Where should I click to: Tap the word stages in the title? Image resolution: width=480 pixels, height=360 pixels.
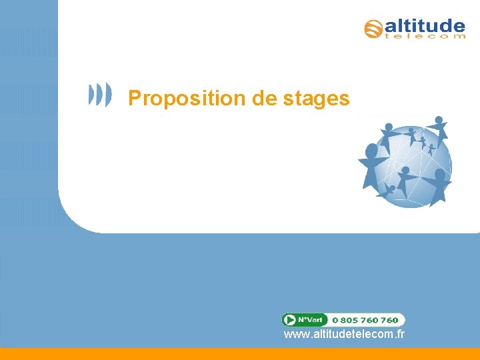pos(316,99)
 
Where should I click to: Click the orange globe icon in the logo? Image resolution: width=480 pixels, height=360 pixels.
pos(373,29)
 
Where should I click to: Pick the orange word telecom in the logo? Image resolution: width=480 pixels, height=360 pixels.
pos(425,37)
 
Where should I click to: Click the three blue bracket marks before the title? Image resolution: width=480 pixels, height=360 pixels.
pos(101,95)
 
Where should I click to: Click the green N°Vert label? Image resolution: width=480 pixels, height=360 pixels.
pos(313,320)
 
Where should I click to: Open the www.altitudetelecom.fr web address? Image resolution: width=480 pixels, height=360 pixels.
pos(344,334)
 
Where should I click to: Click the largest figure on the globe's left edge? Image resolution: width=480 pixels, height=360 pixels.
pos(371,167)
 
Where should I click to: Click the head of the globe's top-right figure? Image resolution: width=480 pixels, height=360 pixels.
pos(439,119)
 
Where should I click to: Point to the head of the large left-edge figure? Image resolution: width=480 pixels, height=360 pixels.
pos(372,149)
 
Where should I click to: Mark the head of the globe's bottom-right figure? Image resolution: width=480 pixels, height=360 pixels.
pos(441,173)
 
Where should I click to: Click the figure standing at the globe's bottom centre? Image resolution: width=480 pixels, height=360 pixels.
pos(404,180)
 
